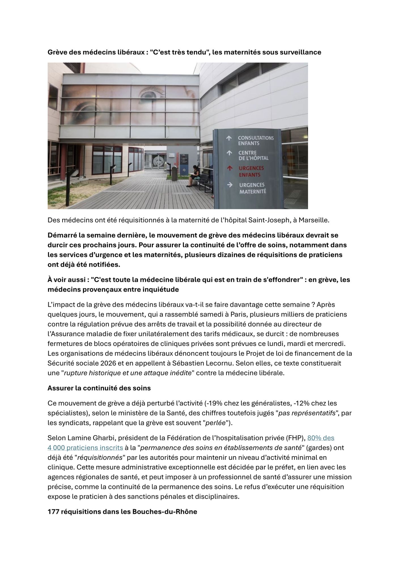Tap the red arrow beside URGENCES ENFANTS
tap(229, 168)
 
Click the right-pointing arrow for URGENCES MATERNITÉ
tap(230, 185)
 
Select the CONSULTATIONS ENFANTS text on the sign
tap(256, 140)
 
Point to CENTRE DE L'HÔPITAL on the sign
tap(253, 155)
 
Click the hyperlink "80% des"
tap(321, 438)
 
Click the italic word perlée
tap(215, 423)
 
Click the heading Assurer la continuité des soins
tap(99, 388)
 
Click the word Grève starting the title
tap(57, 52)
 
